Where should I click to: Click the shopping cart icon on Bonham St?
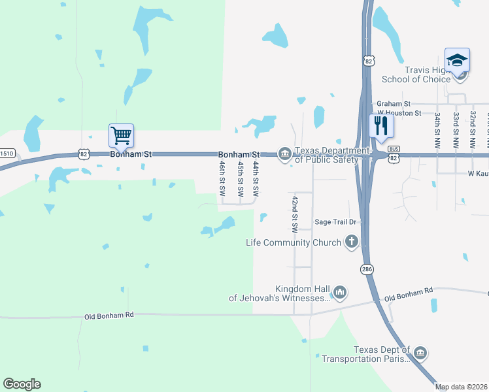(x=121, y=136)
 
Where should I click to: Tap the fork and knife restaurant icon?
(x=380, y=125)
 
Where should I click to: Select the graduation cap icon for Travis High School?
(x=458, y=60)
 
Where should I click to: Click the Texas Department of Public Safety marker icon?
(x=284, y=154)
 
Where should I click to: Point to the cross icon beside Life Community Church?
(x=351, y=242)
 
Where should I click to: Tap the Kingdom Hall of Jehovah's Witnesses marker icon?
(x=339, y=293)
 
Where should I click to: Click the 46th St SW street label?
(x=223, y=180)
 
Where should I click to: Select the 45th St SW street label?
(x=240, y=180)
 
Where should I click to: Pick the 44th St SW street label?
(x=256, y=180)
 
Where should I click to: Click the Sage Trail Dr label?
(x=335, y=222)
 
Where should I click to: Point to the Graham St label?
(x=393, y=104)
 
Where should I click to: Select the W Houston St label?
(x=399, y=114)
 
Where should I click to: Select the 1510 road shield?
(x=7, y=154)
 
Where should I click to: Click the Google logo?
(x=22, y=384)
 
